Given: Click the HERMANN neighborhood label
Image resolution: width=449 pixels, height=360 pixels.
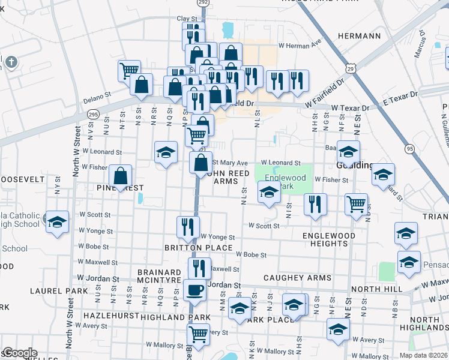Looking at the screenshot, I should [x=360, y=36].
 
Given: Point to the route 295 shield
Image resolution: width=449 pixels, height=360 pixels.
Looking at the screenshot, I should [x=92, y=113].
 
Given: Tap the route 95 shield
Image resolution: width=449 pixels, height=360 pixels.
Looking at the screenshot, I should [x=409, y=148].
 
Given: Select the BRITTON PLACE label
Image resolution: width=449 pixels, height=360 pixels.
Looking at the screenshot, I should [x=199, y=248].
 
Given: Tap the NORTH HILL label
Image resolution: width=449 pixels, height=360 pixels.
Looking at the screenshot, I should [x=376, y=289].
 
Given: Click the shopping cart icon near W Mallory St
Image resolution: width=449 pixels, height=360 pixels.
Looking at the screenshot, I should [x=198, y=333].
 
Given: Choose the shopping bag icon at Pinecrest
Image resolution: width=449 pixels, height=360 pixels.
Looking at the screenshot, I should [x=121, y=176].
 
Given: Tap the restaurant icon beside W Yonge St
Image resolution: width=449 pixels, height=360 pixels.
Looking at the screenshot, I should [x=188, y=227].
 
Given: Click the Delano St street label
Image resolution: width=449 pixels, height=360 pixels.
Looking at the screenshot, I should [x=97, y=95].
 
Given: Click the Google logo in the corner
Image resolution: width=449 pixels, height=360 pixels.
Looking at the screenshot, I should [x=19, y=353].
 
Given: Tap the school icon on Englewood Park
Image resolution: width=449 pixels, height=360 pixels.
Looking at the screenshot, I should [x=269, y=193].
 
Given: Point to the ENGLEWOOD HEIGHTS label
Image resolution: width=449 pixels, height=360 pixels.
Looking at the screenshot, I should [x=329, y=239].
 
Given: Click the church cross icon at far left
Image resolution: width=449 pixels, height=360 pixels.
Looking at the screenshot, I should [x=10, y=62].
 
